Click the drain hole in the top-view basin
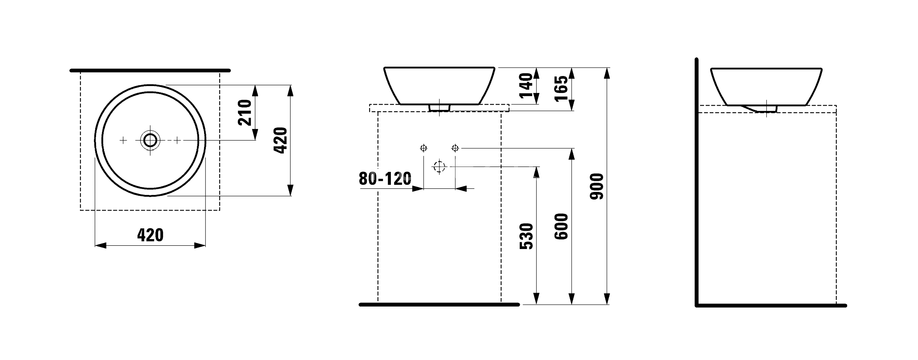pos(150,140)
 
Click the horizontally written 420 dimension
pos(149,235)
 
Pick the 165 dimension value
pos(563,85)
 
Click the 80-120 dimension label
pos(384,180)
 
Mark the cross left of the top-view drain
pos(123,140)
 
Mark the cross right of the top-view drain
pos(177,140)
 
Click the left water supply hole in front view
pos(424,148)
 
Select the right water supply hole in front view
pos(456,148)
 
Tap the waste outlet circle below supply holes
pos(440,167)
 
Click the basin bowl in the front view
pos(439,83)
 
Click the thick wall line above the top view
pos(150,70)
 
